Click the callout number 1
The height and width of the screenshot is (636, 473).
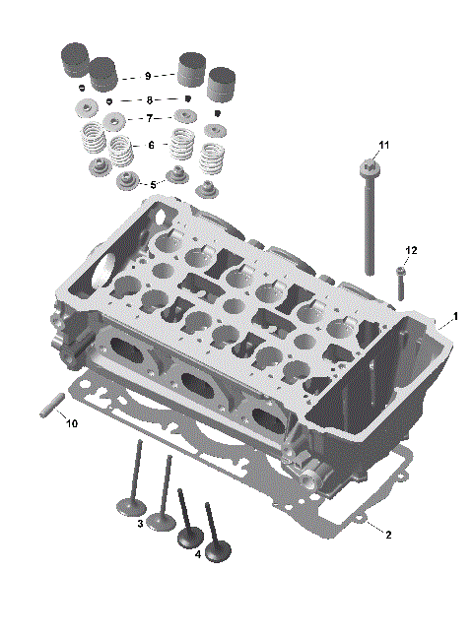[455, 317]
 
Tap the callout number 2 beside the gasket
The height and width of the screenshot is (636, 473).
[388, 535]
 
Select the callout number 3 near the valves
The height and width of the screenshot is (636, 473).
[141, 524]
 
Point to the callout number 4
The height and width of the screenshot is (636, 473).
[198, 554]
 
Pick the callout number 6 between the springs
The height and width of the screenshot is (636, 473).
[151, 145]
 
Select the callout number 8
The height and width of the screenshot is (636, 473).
[149, 100]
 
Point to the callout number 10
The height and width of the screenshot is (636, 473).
[70, 424]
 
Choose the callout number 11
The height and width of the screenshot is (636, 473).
[384, 146]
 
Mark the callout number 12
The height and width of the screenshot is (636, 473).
[411, 251]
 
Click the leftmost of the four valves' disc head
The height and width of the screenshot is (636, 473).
[129, 507]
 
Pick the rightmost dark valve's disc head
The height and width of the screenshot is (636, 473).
[218, 553]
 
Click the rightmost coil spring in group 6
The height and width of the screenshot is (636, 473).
[212, 159]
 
